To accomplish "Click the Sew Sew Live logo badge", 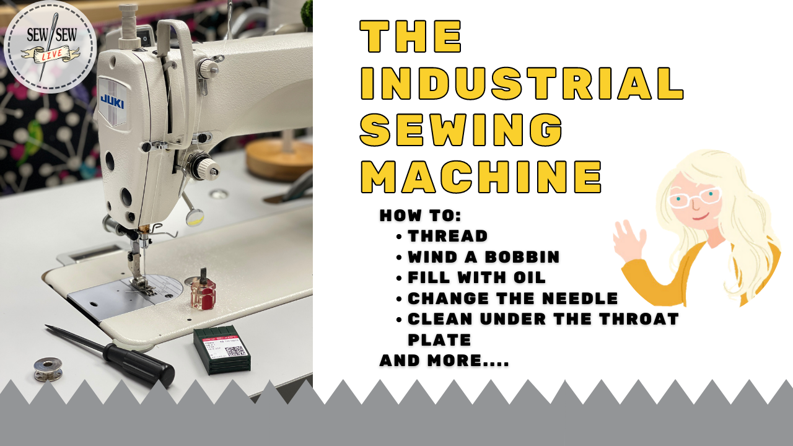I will (50, 46).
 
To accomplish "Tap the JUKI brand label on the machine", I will (112, 101).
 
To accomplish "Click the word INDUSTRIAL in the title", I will (522, 84).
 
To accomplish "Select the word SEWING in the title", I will (461, 130).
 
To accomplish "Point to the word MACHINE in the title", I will (481, 178).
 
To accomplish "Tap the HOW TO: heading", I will (420, 216).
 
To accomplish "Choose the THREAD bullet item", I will (447, 236).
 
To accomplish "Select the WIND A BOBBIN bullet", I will (483, 256).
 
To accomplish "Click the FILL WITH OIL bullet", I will (476, 277).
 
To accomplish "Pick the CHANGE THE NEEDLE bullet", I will (512, 298).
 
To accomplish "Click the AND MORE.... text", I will (444, 361).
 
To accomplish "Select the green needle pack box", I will (222, 351).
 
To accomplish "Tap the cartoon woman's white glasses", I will (695, 197).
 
